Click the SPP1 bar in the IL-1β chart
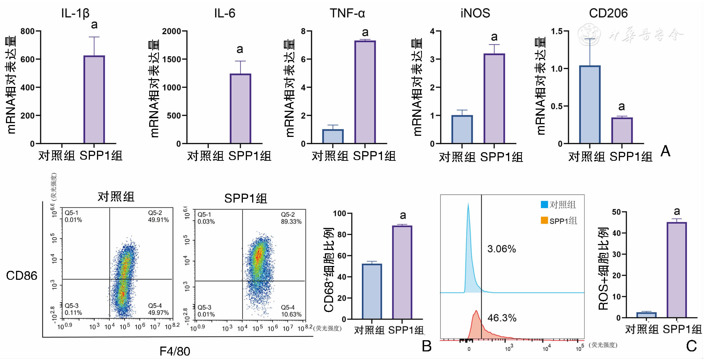tap(94, 100)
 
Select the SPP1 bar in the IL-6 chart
tap(240, 109)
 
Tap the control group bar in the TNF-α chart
tap(333, 137)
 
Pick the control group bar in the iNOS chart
tap(462, 129)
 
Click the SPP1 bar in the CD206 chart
tap(621, 131)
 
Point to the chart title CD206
tap(608, 13)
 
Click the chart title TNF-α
tap(347, 13)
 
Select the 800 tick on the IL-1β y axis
tap(28, 31)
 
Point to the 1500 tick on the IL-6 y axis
tap(172, 59)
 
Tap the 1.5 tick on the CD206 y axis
tap(557, 31)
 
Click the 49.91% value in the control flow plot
tap(159, 220)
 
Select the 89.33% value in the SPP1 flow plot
tap(291, 222)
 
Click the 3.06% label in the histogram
tap(502, 249)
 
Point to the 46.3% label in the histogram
tap(502, 318)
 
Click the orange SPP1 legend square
tap(544, 220)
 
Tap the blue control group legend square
tap(544, 204)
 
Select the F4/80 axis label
tap(175, 351)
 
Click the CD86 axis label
tap(22, 276)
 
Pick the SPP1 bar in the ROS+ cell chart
tap(677, 270)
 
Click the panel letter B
tap(426, 346)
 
